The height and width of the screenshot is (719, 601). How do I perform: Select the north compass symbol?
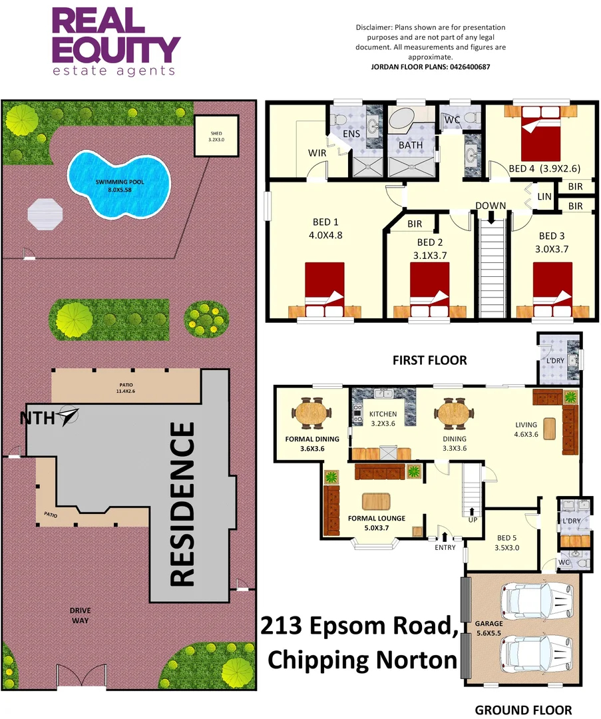(x=69, y=416)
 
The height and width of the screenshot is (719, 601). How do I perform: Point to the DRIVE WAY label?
(x=82, y=615)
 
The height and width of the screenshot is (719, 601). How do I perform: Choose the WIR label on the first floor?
(x=316, y=154)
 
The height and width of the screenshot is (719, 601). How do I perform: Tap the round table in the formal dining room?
(x=311, y=413)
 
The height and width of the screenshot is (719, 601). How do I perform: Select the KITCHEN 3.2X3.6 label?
(x=383, y=419)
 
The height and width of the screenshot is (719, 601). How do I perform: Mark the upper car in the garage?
(x=538, y=600)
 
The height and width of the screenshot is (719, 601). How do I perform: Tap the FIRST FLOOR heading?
(x=429, y=360)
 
